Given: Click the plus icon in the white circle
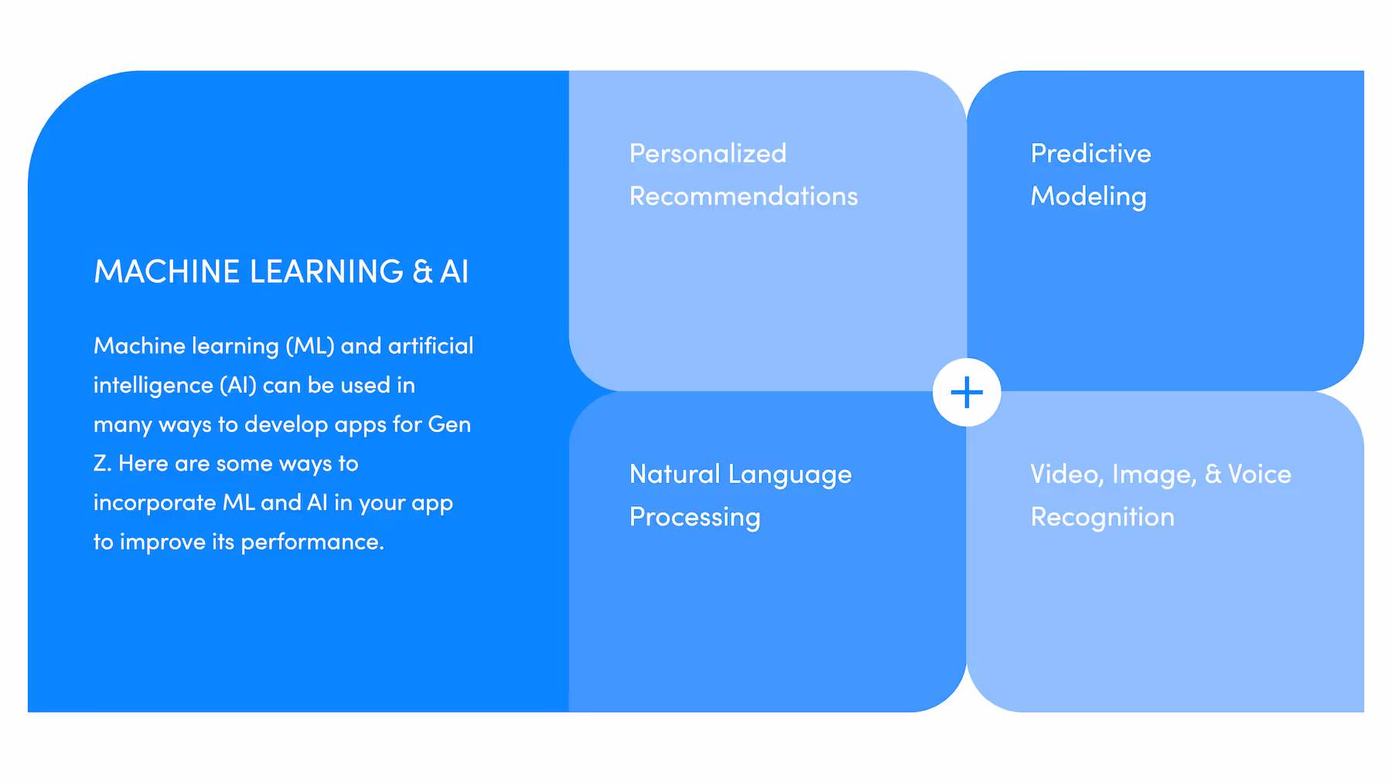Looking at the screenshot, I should coord(967,393).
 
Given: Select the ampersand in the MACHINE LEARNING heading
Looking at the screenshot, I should coord(422,272).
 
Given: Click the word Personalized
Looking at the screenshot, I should coord(708,154).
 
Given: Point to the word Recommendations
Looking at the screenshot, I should coord(743,196).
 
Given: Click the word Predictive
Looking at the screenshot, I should coord(1090,154).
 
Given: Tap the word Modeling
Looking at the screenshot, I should coord(1088,197).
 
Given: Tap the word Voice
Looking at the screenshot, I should coord(1259,475).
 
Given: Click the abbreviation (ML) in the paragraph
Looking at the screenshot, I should coord(309,346).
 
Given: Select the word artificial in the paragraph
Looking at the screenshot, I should coord(430,346).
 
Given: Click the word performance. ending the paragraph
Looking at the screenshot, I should coord(312,543).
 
